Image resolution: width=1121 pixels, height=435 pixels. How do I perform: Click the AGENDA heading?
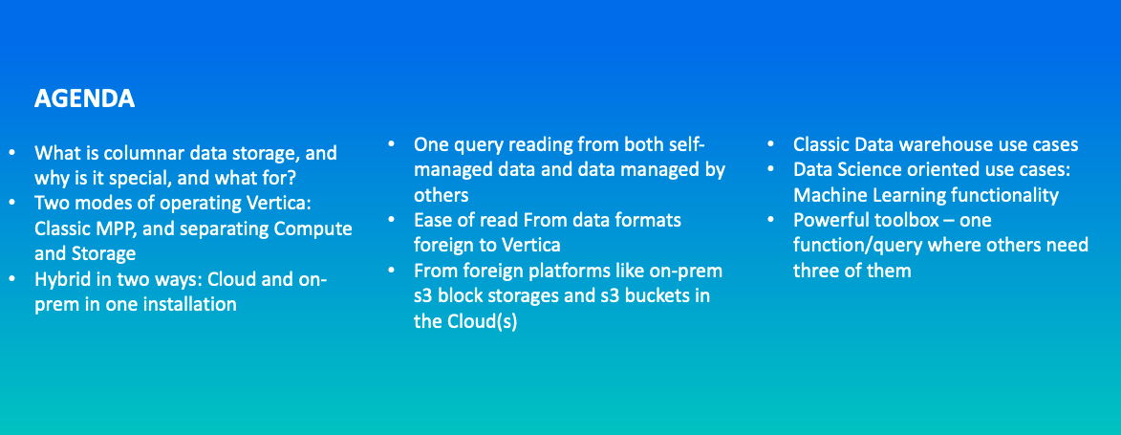coord(84,99)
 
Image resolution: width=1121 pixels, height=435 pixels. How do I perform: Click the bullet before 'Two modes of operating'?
coord(11,204)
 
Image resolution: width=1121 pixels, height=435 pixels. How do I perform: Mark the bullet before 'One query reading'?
coord(391,143)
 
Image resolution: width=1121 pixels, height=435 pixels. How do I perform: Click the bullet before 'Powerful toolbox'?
coord(770,220)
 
